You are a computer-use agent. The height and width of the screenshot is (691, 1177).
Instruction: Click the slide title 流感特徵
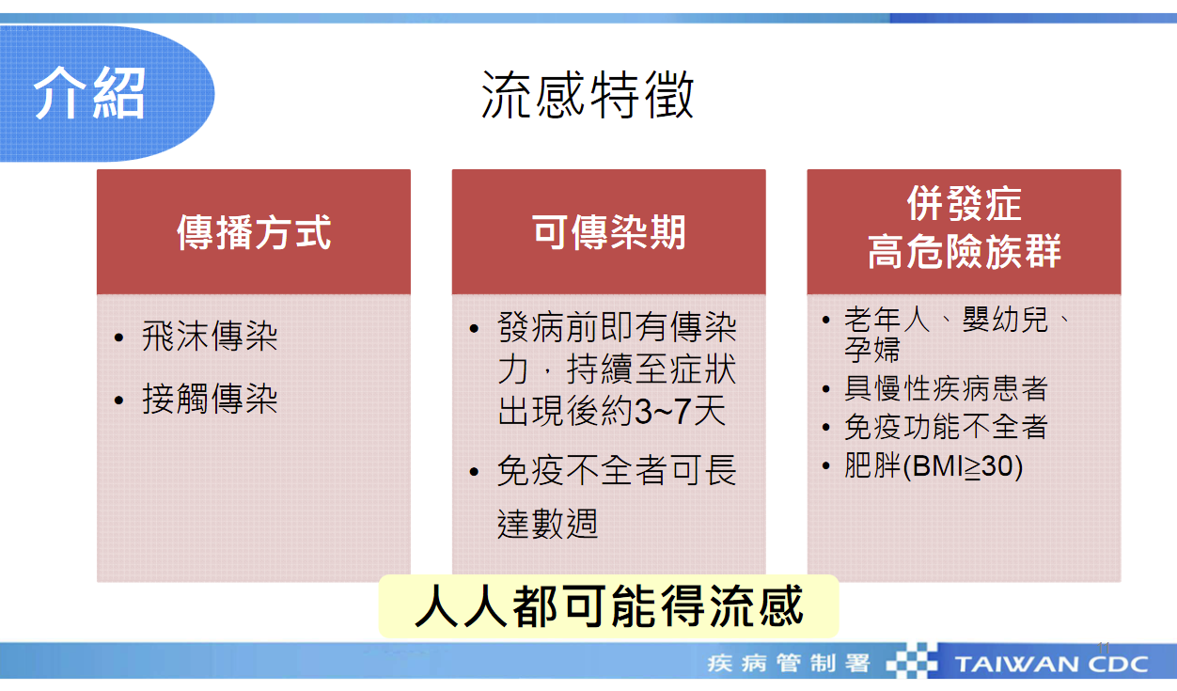[588, 96]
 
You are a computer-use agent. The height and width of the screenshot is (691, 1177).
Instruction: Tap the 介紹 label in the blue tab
[89, 93]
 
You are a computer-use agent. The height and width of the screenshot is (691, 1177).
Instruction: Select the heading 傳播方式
[254, 232]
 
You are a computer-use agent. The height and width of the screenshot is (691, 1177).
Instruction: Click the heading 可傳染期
[609, 232]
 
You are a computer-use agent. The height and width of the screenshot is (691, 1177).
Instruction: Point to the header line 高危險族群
[965, 252]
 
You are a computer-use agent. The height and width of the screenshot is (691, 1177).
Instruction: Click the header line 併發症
[965, 204]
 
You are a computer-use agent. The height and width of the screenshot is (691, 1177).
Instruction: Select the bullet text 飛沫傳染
[210, 337]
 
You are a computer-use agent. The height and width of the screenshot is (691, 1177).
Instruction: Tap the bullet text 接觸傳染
[210, 399]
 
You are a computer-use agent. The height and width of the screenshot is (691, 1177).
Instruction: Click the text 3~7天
[681, 411]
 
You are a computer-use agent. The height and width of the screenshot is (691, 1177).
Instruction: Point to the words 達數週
[547, 524]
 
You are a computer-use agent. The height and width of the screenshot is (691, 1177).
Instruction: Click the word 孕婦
[872, 349]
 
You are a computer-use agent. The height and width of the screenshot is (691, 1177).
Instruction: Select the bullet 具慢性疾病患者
[947, 388]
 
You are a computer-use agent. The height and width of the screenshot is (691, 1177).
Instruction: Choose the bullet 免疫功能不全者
[947, 427]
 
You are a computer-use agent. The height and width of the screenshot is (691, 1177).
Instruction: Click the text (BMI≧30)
[963, 466]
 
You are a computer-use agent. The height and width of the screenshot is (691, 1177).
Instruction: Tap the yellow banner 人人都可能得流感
[608, 605]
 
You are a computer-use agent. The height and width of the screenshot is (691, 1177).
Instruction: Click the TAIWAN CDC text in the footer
[1051, 664]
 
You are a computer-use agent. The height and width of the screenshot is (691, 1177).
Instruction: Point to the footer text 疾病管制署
[788, 664]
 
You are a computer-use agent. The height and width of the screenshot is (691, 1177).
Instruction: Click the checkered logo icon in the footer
[912, 661]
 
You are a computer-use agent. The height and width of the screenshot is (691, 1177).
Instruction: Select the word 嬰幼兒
[1005, 320]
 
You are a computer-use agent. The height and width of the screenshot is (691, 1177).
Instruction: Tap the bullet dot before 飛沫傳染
[118, 338]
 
